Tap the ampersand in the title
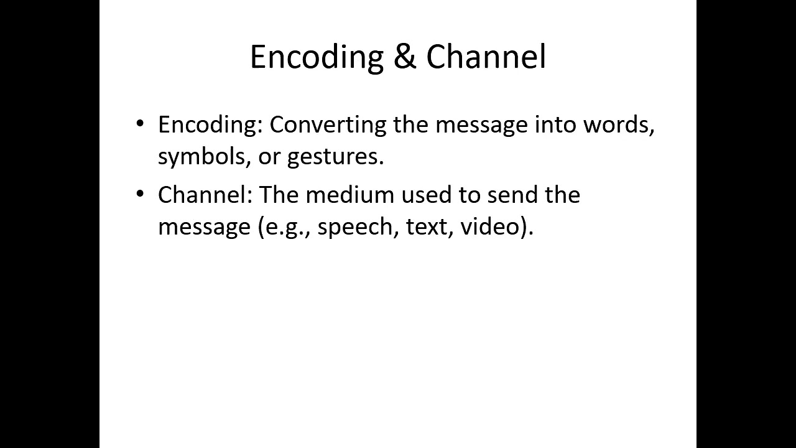(405, 57)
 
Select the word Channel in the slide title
(486, 57)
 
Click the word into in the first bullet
(555, 124)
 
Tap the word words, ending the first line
(619, 124)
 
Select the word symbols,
(203, 157)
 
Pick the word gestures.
(335, 157)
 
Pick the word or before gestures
(270, 157)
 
